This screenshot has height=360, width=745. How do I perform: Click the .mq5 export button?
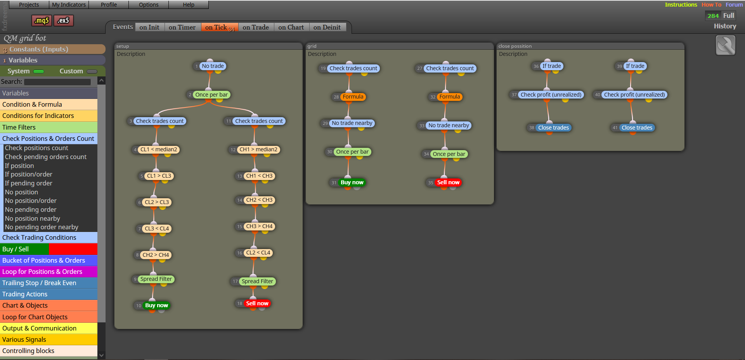click(x=42, y=21)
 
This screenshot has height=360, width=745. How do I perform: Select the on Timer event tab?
click(x=182, y=27)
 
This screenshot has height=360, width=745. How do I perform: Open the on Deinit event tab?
click(x=327, y=27)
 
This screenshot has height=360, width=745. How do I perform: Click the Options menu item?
click(x=149, y=5)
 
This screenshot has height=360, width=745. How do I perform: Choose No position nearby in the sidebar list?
click(x=32, y=218)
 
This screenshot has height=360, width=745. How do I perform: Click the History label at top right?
click(x=725, y=26)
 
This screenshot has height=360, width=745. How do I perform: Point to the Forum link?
click(x=734, y=5)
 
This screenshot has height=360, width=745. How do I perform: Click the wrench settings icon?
click(x=726, y=45)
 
